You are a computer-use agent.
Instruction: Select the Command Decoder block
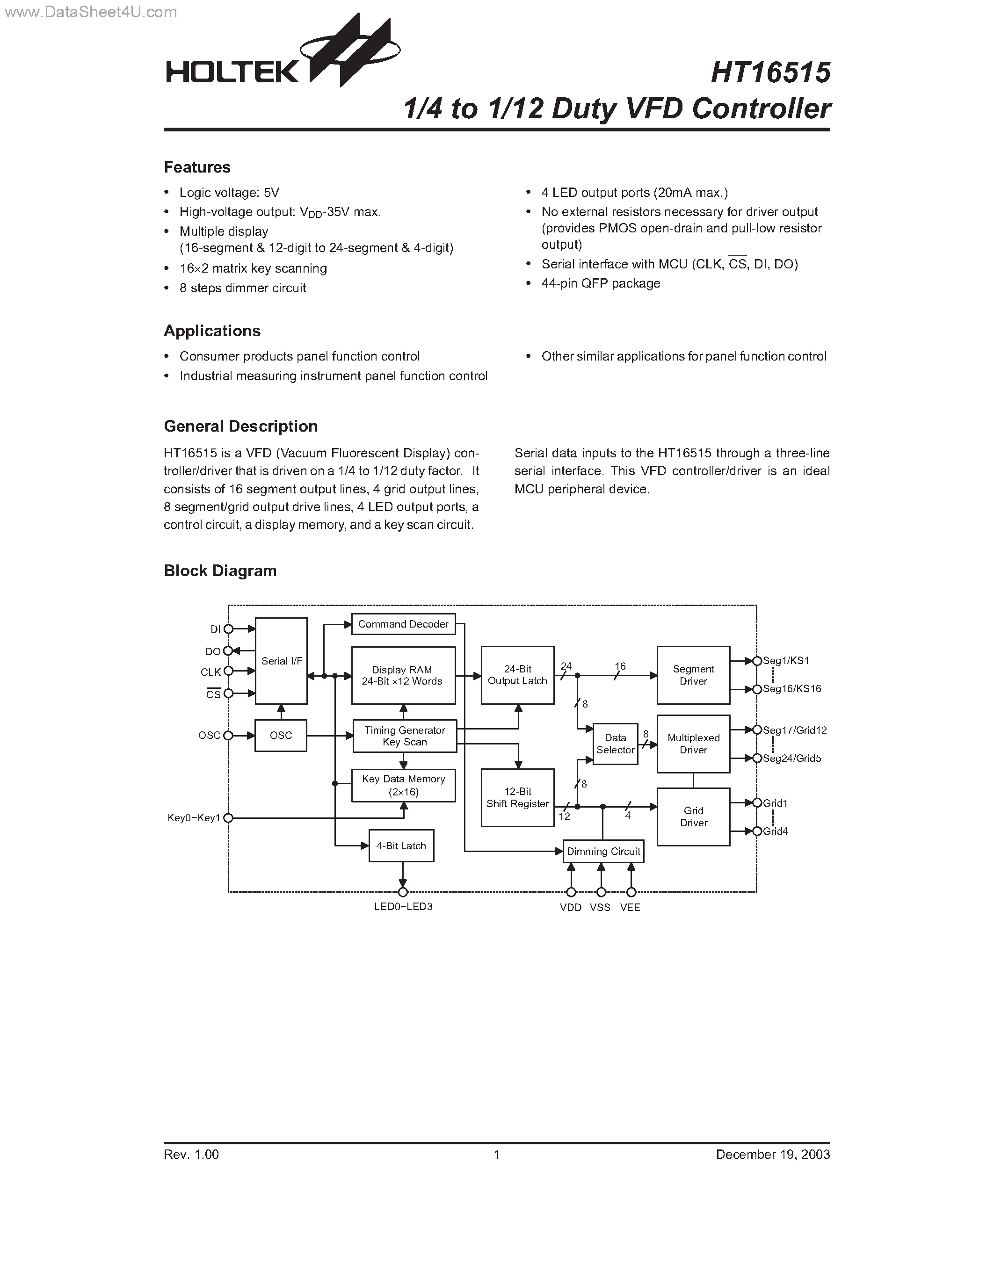pos(403,624)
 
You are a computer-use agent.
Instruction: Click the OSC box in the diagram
pos(281,736)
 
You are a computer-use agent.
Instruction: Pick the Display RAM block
pos(403,675)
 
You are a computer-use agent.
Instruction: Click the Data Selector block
pos(616,744)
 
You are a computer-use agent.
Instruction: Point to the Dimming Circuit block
pos(603,852)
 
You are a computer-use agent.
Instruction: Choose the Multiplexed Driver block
pos(693,744)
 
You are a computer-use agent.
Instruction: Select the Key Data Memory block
pos(403,786)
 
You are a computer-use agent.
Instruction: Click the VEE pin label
pos(630,907)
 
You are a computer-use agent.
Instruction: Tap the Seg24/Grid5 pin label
pos(791,759)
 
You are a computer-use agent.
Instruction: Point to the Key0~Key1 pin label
pos(194,818)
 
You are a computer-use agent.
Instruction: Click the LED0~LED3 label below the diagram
pos(403,907)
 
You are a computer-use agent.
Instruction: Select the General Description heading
pos(240,426)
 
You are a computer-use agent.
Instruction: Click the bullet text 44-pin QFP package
pos(600,283)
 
